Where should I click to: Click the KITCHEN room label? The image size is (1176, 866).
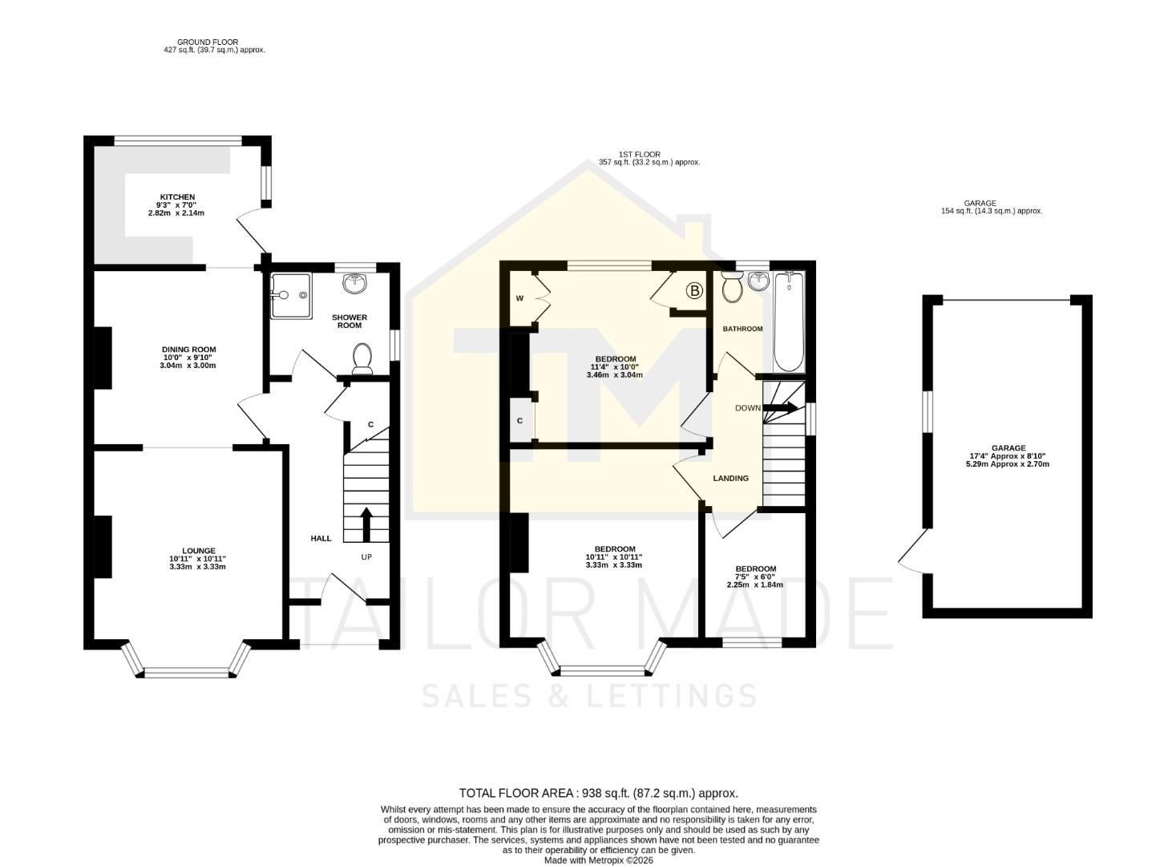pos(177,197)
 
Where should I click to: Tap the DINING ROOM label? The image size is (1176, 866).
pos(189,350)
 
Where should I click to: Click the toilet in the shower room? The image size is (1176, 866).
pos(362,358)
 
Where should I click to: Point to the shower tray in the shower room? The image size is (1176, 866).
pos(289,295)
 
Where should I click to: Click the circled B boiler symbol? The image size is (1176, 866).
pos(694,290)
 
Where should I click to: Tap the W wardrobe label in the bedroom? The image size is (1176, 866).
pos(519,298)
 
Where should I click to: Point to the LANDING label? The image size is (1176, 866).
pos(730,479)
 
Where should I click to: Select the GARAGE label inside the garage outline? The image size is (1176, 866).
pos(1008,448)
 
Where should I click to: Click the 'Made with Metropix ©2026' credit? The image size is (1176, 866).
pos(598,860)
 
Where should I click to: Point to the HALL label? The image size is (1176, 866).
pos(321,538)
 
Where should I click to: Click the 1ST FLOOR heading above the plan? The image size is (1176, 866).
pos(639,154)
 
